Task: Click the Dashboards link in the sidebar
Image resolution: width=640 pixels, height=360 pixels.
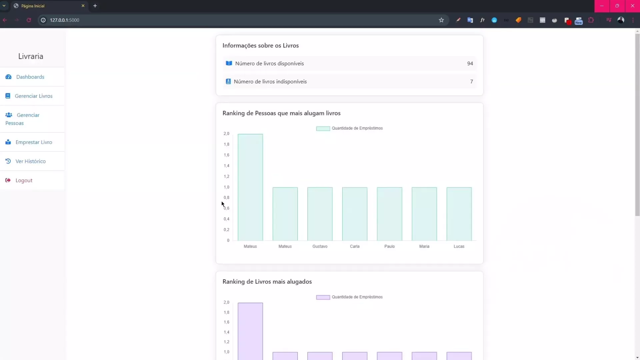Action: click(30, 77)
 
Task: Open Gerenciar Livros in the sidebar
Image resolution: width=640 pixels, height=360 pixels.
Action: click(33, 96)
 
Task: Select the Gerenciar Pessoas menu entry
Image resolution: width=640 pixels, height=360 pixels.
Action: click(22, 119)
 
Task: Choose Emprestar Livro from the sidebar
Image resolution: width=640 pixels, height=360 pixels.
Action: click(33, 142)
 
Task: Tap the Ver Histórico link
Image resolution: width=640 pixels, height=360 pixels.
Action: click(30, 161)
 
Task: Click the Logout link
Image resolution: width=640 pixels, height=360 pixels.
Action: click(24, 180)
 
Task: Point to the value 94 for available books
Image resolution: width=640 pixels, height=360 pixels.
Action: click(470, 64)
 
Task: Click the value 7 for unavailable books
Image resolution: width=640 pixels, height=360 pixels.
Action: click(471, 82)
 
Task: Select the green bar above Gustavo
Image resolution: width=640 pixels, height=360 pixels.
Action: click(320, 214)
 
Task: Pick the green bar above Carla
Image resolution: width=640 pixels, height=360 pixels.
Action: click(355, 214)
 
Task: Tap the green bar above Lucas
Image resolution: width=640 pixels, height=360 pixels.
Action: click(459, 214)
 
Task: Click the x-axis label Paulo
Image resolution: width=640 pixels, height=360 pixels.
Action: click(389, 246)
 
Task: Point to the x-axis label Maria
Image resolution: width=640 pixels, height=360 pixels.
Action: click(424, 246)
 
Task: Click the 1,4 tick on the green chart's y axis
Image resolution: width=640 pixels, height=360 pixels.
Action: click(227, 166)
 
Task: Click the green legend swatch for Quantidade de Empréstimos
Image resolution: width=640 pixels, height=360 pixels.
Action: click(323, 128)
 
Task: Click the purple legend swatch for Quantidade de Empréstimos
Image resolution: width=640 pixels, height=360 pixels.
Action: click(323, 297)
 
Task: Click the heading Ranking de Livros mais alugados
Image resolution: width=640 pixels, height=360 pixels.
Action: click(267, 282)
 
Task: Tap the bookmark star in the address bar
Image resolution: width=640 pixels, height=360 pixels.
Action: click(441, 20)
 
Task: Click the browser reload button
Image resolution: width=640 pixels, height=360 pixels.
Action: click(29, 20)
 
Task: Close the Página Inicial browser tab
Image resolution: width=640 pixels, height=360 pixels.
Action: click(83, 6)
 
